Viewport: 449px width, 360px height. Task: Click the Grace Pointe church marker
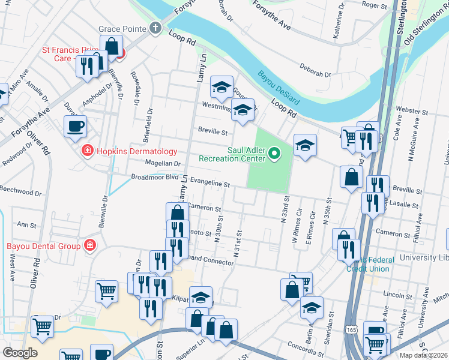point(155,28)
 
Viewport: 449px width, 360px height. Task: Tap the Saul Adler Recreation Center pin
point(275,154)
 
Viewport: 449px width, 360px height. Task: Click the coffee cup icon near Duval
point(75,126)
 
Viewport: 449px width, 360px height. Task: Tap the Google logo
point(19,352)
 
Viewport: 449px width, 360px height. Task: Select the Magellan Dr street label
point(160,163)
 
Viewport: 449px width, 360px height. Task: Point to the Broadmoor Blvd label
point(155,178)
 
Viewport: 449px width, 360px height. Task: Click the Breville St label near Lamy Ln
point(213,131)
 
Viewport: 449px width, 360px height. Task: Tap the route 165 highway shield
point(352,331)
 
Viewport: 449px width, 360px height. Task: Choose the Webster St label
point(415,112)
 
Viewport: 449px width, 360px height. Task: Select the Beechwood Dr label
point(21,194)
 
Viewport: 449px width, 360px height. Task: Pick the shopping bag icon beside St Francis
point(112,45)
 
